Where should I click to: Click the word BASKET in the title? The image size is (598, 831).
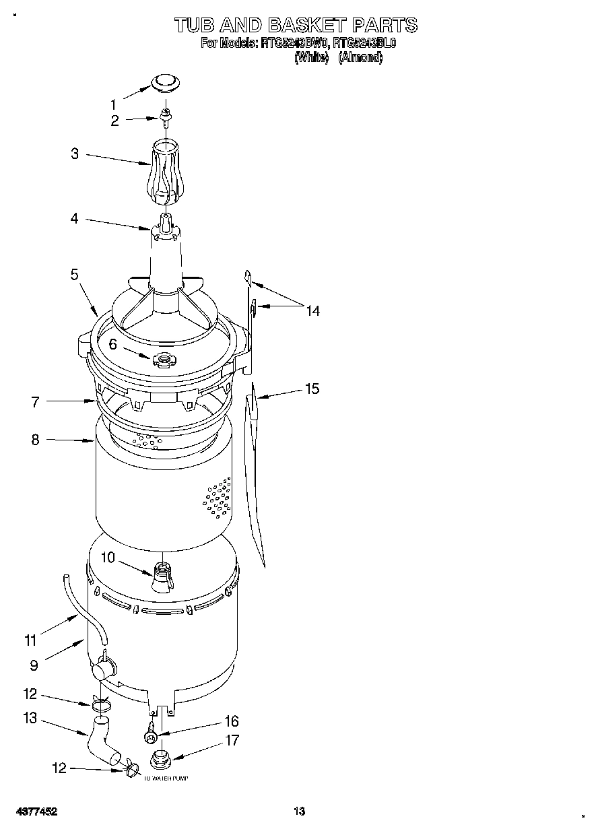pos(305,26)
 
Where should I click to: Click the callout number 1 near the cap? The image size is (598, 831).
pos(113,104)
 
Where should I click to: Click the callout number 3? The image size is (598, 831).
pos(75,154)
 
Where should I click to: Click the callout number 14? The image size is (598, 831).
pos(312,310)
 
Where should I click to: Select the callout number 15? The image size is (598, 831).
pos(312,389)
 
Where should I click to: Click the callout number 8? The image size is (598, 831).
pos(35,440)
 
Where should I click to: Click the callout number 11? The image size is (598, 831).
pos(30,641)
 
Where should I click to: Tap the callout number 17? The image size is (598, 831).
pos(232,740)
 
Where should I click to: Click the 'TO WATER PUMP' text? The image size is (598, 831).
pos(166,778)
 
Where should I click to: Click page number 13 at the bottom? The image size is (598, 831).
pos(299,812)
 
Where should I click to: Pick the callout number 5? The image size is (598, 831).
pos(74,274)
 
